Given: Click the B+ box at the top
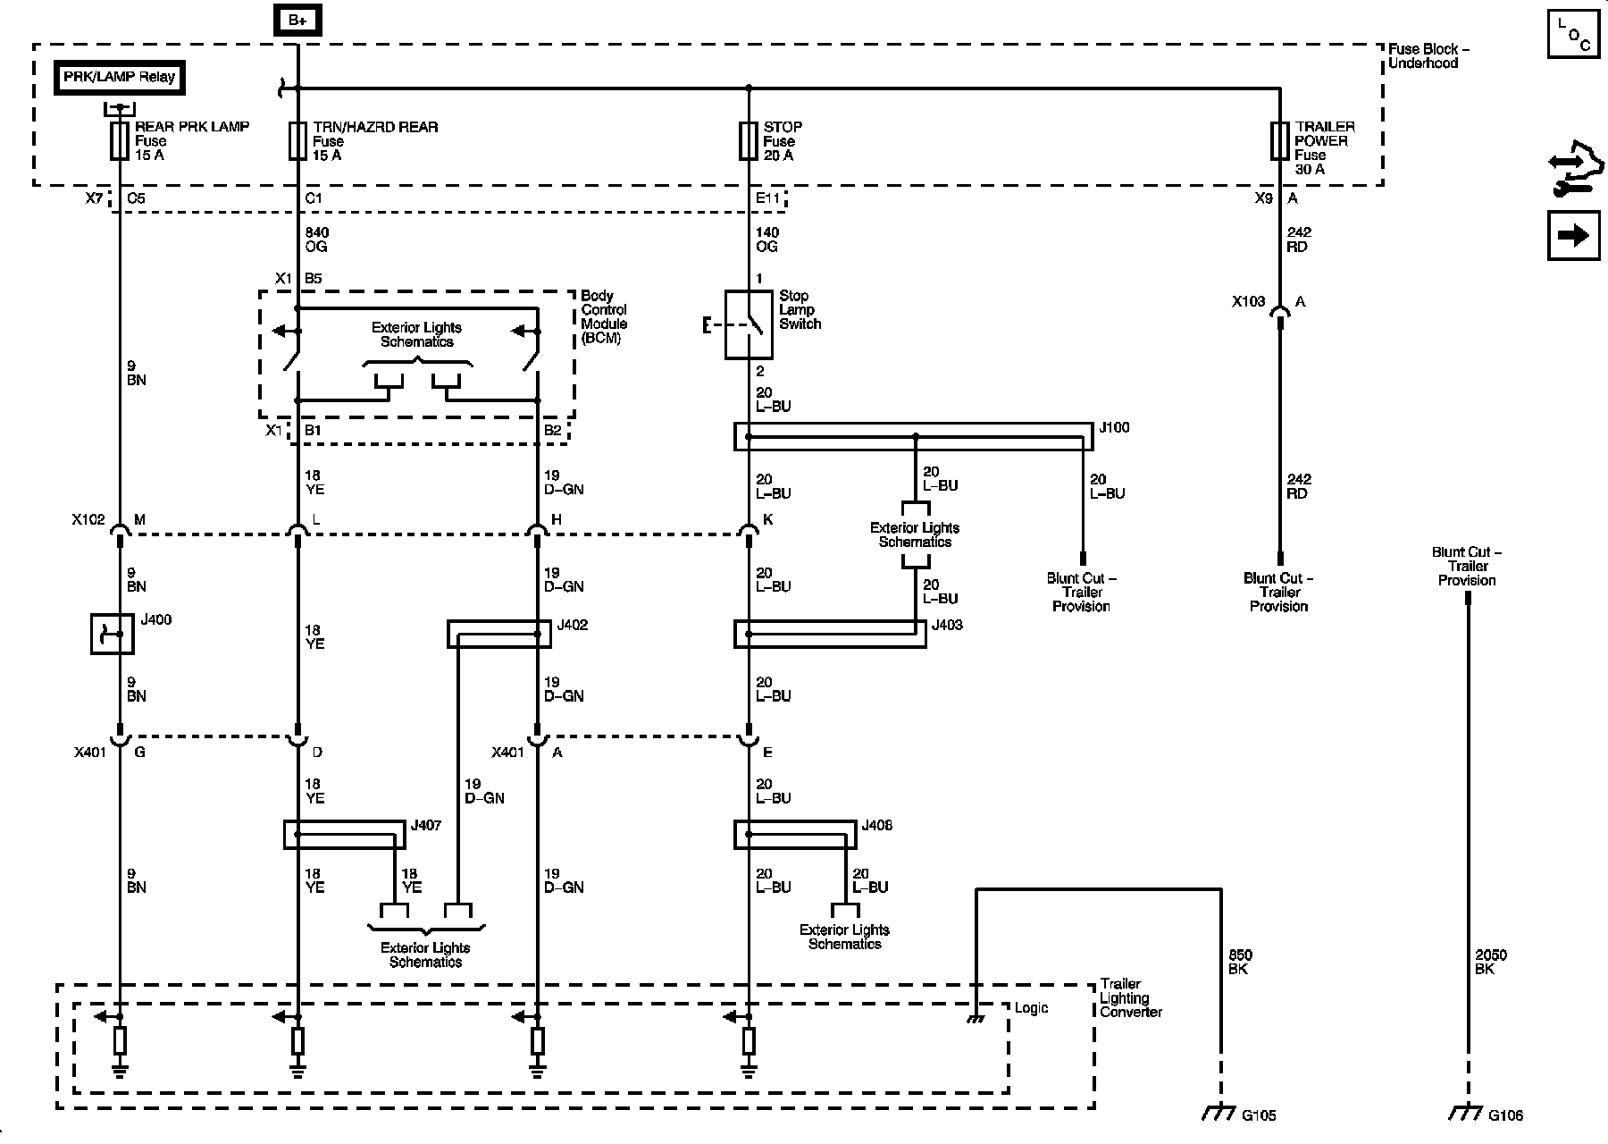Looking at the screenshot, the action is pyautogui.click(x=297, y=21).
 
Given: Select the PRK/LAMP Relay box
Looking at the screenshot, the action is pyautogui.click(x=119, y=78).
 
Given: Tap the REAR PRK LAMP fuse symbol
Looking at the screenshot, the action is pyautogui.click(x=119, y=141).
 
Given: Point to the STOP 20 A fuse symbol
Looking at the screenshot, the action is pyautogui.click(x=749, y=141).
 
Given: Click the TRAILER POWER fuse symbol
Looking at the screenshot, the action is pyautogui.click(x=1279, y=141).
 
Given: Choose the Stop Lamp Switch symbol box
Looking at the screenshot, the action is pyautogui.click(x=749, y=324).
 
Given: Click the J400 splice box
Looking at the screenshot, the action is pyautogui.click(x=113, y=634).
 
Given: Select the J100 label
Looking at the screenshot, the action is pyautogui.click(x=1114, y=428).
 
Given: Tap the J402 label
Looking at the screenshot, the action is pyautogui.click(x=572, y=626).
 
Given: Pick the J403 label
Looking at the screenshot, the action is pyautogui.click(x=947, y=626).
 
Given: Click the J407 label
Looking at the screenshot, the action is pyautogui.click(x=426, y=826).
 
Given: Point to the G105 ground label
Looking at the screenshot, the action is pyautogui.click(x=1259, y=1115).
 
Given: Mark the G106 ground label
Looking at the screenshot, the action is pyautogui.click(x=1506, y=1115).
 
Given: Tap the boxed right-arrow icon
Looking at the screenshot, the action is pyautogui.click(x=1573, y=236).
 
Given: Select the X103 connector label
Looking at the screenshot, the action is pyautogui.click(x=1249, y=302).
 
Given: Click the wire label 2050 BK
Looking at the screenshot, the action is pyautogui.click(x=1491, y=963).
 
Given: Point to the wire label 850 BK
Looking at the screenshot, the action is pyautogui.click(x=1241, y=963).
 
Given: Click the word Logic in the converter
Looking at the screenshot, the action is pyautogui.click(x=1032, y=1009).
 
